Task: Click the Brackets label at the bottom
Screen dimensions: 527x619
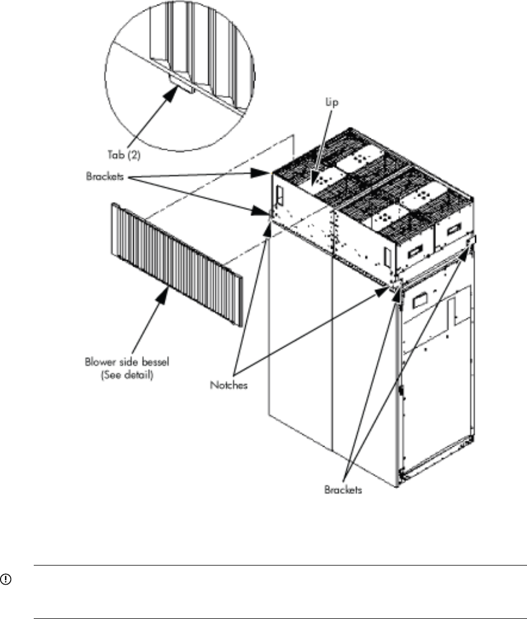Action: point(343,490)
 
